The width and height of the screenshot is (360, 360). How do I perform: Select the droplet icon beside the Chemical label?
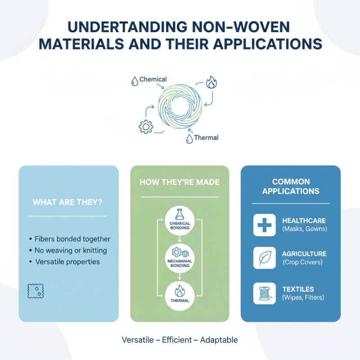coord(134,81)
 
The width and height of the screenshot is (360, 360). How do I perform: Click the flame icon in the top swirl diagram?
coord(211,82)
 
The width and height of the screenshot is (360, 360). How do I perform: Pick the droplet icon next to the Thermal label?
coord(189,139)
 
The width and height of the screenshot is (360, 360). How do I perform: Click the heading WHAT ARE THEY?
coord(67,202)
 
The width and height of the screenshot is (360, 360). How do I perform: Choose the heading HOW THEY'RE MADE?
coord(180,182)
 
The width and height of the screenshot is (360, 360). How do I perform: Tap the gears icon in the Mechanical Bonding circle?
coord(180,252)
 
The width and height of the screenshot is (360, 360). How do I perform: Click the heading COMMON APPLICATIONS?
coord(291,186)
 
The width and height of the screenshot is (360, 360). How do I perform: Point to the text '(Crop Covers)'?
coord(302,262)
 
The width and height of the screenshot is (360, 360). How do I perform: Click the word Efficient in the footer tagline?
coord(180,340)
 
